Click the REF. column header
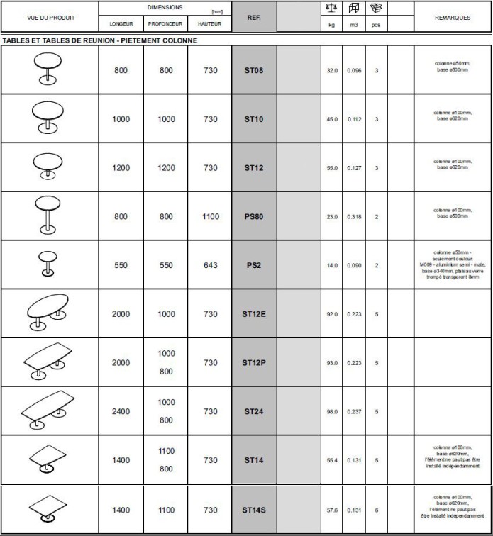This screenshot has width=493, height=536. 253,18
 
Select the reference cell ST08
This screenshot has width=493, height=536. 253,71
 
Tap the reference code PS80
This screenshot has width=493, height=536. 253,217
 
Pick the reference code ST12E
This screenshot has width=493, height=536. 253,314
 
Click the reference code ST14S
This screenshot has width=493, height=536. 253,510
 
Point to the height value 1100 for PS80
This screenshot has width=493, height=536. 211,217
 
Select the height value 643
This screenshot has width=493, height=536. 211,265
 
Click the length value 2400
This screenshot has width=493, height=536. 121,411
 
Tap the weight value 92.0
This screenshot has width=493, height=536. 332,314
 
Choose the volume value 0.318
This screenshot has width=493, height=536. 354,217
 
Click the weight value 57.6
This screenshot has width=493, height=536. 332,510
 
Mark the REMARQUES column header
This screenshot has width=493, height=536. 453,18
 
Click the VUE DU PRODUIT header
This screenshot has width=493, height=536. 50,18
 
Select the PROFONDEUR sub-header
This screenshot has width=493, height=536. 166,24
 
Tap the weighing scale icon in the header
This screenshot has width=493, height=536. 331,8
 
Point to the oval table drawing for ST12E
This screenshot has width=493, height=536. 48,313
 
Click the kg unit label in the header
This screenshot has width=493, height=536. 331,24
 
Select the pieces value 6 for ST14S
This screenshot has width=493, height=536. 377,510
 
